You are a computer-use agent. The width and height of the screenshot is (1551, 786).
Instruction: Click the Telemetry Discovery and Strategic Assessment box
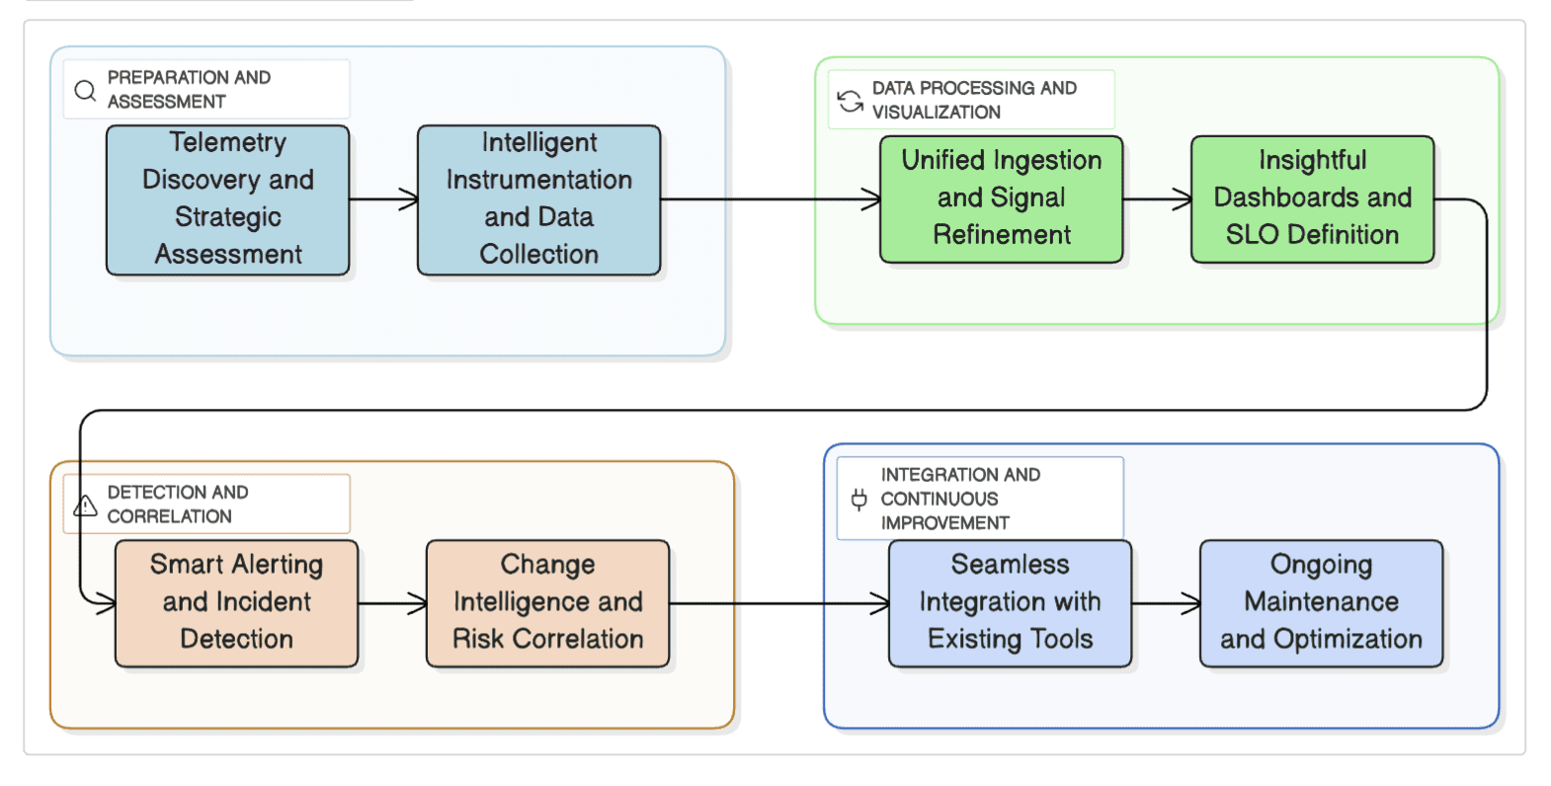click(227, 199)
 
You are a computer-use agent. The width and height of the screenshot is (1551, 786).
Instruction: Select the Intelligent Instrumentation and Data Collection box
click(538, 199)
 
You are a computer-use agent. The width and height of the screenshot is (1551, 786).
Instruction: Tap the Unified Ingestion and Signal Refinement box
click(1001, 199)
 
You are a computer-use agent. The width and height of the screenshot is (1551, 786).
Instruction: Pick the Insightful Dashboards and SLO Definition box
click(1312, 199)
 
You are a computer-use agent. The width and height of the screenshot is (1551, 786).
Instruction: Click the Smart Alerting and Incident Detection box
click(236, 602)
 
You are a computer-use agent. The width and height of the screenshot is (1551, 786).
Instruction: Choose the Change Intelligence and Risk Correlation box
click(547, 602)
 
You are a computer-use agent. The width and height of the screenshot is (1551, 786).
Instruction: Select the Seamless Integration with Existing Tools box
click(1010, 602)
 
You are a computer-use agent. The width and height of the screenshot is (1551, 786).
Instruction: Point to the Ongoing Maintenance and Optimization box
click(1321, 602)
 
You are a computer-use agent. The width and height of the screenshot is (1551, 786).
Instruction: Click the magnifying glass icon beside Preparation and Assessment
click(86, 91)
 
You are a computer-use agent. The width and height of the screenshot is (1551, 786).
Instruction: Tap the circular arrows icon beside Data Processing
click(850, 101)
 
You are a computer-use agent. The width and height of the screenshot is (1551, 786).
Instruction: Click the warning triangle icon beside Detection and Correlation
click(86, 506)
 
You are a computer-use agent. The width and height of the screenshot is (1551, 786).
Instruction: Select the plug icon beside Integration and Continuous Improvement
click(859, 499)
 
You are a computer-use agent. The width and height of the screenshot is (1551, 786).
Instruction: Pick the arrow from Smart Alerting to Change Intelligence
click(392, 602)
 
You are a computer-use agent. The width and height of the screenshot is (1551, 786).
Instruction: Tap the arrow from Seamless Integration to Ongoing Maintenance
click(1166, 602)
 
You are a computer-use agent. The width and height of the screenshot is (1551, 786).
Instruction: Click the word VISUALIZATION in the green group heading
click(936, 113)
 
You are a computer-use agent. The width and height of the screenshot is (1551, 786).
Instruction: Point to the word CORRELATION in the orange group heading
click(169, 516)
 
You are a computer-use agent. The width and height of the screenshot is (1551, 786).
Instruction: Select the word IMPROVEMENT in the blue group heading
click(944, 523)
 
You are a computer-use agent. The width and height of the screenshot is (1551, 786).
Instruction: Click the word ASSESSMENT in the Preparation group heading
click(166, 102)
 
